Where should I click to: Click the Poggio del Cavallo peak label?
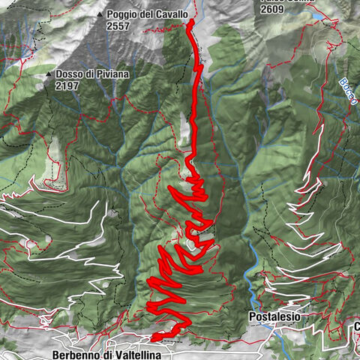(147, 14)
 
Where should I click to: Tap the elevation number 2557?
(119, 25)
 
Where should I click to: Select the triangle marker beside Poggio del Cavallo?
(100, 14)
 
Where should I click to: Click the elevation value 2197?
(67, 85)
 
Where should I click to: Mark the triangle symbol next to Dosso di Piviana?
(48, 75)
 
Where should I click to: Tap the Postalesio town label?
(274, 317)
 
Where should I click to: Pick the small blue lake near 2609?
(318, 14)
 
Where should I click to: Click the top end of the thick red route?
(190, 22)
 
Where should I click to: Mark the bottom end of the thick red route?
(153, 337)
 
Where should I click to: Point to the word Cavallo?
(170, 14)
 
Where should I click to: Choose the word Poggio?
(121, 14)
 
